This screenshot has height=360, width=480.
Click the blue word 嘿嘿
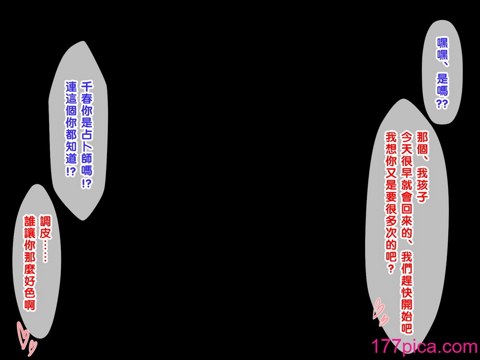pos(442,48)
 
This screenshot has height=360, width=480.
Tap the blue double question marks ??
pos(442,104)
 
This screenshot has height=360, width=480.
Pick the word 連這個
pos(71,98)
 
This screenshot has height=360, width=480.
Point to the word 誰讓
pos(30,228)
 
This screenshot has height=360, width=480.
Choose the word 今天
pos(407,144)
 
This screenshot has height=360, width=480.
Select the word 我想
pos(391,144)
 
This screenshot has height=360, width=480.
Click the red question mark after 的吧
pos(391,269)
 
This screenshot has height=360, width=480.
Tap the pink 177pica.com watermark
pos(424,347)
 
